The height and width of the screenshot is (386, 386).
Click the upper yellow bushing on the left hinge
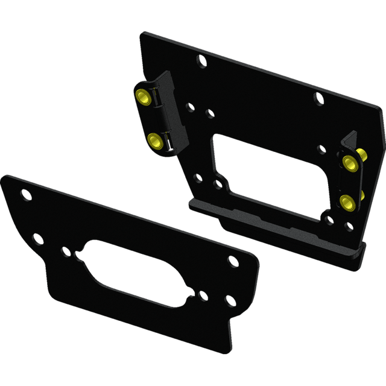click(143, 96)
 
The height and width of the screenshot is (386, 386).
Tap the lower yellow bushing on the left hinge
click(155, 141)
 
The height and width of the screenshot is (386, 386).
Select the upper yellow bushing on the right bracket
click(349, 162)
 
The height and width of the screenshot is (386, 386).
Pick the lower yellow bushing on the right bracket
click(346, 202)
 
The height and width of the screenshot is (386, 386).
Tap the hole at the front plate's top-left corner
click(25, 195)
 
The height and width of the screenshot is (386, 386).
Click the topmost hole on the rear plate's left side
click(201, 60)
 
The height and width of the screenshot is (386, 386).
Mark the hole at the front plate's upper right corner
click(232, 262)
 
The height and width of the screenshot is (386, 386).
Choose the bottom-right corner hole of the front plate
click(228, 300)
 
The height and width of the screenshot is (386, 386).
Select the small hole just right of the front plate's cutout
click(203, 297)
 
